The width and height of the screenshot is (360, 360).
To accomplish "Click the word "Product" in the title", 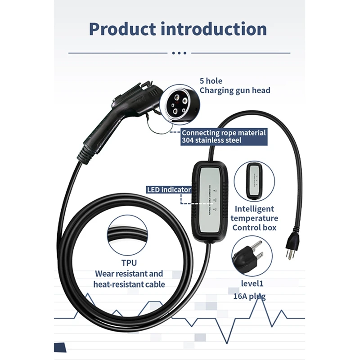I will (121, 29).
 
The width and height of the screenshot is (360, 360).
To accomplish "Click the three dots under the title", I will (179, 53).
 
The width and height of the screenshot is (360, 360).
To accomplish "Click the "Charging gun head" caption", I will (235, 90).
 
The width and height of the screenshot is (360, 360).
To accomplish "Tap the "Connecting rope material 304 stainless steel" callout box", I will (223, 136).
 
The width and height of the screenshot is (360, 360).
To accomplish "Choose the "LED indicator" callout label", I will (169, 190).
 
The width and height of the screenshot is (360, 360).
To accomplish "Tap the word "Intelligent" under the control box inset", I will (254, 209).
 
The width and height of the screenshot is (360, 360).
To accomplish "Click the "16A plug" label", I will (249, 296).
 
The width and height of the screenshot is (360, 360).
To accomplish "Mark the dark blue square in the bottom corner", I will (60, 347).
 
